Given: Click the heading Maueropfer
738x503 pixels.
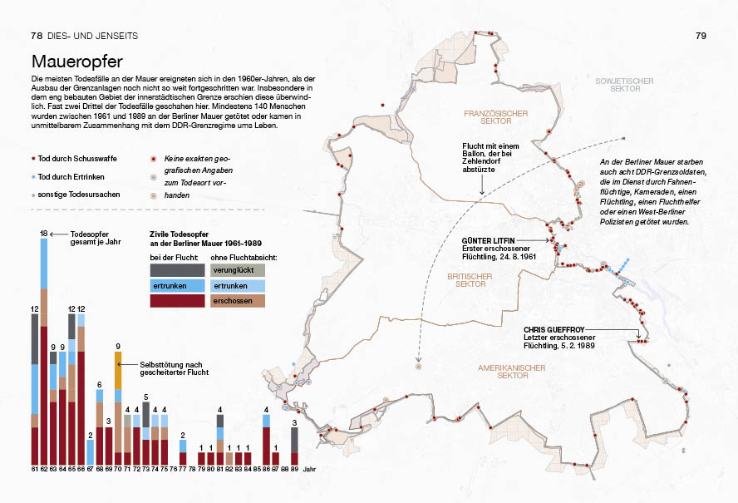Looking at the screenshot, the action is click(77, 62).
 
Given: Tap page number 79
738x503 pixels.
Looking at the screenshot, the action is click(701, 36).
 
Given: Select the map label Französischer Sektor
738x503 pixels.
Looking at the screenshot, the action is click(496, 117).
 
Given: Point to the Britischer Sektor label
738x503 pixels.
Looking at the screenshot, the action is click(470, 280).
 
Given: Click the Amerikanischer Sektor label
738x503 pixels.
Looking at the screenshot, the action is click(512, 372).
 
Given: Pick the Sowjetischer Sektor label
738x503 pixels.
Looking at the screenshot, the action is click(625, 85).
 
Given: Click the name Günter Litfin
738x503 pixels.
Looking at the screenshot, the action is click(488, 240).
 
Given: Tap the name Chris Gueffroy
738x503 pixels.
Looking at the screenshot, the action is click(554, 330).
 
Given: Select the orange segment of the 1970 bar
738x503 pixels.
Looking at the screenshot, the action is click(118, 371).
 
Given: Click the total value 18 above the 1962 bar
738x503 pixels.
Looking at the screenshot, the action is click(44, 234).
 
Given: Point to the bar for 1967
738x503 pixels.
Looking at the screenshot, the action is click(91, 452).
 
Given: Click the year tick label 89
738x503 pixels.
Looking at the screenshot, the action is click(294, 469).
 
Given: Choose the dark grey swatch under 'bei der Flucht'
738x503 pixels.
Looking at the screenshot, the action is click(178, 270).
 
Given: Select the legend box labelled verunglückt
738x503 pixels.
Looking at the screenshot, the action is click(238, 270).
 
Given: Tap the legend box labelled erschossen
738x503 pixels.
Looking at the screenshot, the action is click(238, 301).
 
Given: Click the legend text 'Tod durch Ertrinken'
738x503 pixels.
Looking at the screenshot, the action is click(71, 177).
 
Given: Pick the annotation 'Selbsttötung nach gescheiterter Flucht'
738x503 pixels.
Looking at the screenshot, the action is click(175, 368).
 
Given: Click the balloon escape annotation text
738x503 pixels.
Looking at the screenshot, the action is click(490, 158).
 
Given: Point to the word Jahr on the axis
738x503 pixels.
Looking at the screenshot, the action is click(309, 470).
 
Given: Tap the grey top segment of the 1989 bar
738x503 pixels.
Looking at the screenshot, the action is click(294, 440).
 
